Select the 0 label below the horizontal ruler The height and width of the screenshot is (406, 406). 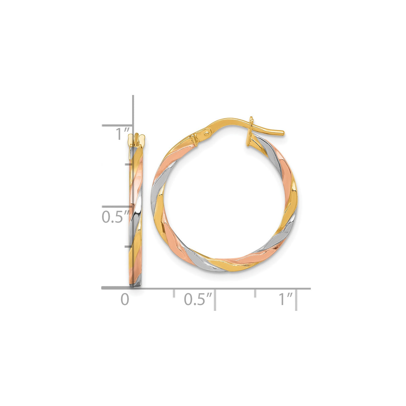(125, 299)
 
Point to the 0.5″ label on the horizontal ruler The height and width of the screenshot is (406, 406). (198, 299)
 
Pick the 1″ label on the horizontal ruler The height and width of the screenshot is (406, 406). (286, 299)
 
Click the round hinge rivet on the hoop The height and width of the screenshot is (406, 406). (206, 133)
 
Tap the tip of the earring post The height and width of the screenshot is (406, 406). (283, 133)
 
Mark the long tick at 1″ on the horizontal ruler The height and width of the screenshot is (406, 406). (297, 300)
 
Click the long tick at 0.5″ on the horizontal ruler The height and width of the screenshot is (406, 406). (215, 300)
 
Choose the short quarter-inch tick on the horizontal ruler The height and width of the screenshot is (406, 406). (174, 293)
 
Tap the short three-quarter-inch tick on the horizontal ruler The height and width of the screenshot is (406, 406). (256, 293)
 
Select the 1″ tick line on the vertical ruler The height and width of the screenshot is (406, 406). (117, 126)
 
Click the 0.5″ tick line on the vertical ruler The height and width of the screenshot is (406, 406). (117, 207)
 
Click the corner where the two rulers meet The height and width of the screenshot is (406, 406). (133, 288)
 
